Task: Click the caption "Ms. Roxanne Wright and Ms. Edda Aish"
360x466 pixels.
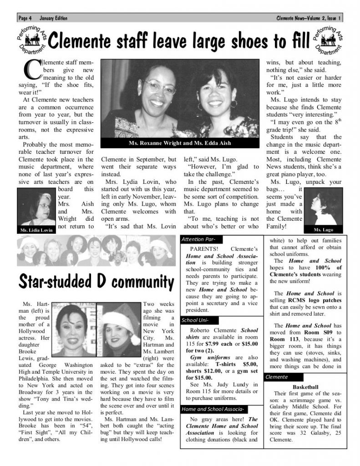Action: pyautogui.click(x=180, y=143)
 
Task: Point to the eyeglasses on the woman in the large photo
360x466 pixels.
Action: pyautogui.click(x=160, y=86)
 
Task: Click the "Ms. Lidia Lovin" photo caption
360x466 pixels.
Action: pyautogui.click(x=36, y=230)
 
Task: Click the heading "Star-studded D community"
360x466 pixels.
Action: pyautogui.click(x=96, y=282)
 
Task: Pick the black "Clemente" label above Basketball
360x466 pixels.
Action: pyautogui.click(x=276, y=377)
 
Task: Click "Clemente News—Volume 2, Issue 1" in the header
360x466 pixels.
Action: pyautogui.click(x=309, y=18)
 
